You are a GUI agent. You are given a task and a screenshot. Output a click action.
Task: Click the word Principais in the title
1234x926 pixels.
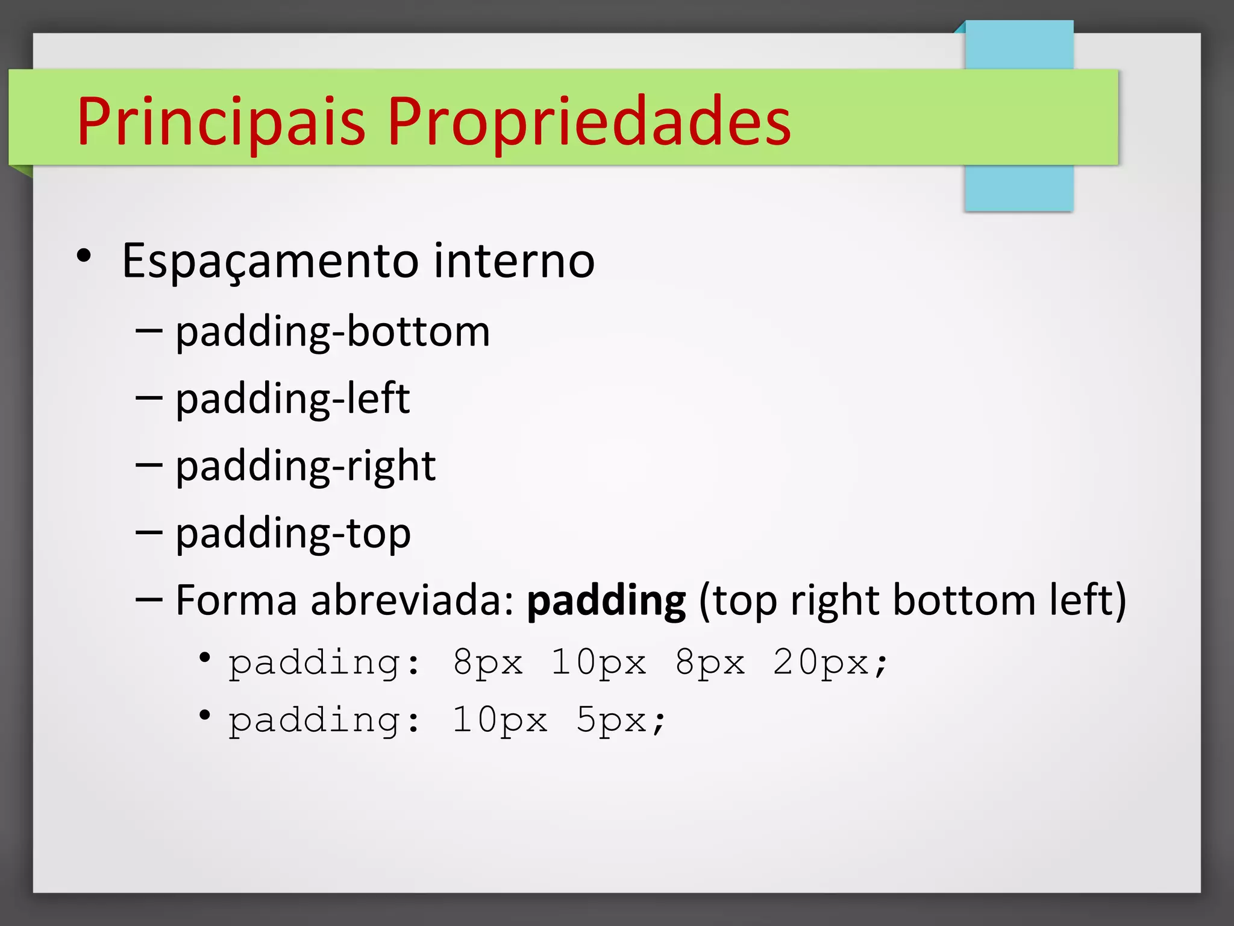[221, 122]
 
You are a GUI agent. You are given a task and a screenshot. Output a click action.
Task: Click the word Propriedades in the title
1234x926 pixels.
[589, 122]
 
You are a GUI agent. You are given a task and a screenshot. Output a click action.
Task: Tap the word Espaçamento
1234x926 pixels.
[270, 261]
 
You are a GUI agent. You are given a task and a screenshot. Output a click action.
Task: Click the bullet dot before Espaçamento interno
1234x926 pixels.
[84, 256]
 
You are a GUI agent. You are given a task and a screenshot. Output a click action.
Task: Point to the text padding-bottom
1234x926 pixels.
[333, 332]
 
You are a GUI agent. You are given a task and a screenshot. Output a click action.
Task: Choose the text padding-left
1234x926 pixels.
[292, 399]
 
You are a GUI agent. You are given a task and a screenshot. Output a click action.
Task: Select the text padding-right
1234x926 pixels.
[305, 467]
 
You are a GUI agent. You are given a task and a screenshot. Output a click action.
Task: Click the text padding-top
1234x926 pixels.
[293, 534]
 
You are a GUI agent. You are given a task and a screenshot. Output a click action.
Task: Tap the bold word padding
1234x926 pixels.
[606, 601]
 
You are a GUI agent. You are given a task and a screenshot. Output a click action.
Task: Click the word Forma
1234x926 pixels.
[236, 600]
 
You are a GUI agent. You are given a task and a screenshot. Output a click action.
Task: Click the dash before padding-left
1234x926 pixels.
[149, 398]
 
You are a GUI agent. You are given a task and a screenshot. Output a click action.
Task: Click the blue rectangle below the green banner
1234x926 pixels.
[1019, 188]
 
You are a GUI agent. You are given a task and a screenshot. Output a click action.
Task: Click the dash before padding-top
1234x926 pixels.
[149, 532]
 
